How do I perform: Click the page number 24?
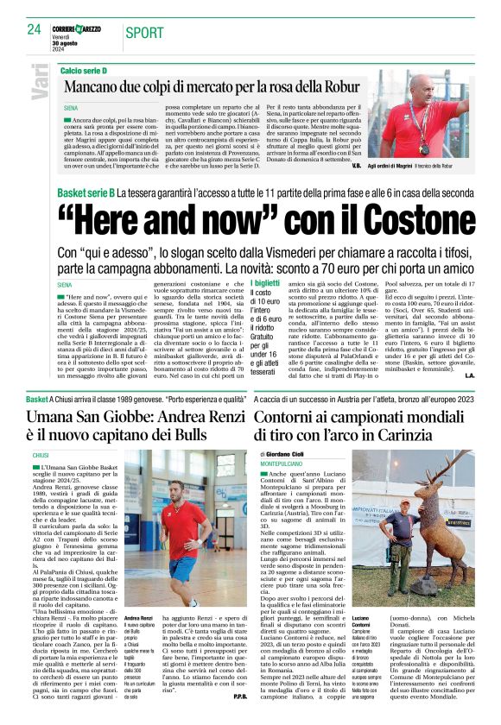pyautogui.click(x=34, y=30)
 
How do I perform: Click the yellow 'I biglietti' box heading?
pyautogui.click(x=263, y=284)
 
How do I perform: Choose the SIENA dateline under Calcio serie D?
pyautogui.click(x=69, y=109)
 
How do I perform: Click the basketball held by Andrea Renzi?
pyautogui.click(x=174, y=552)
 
